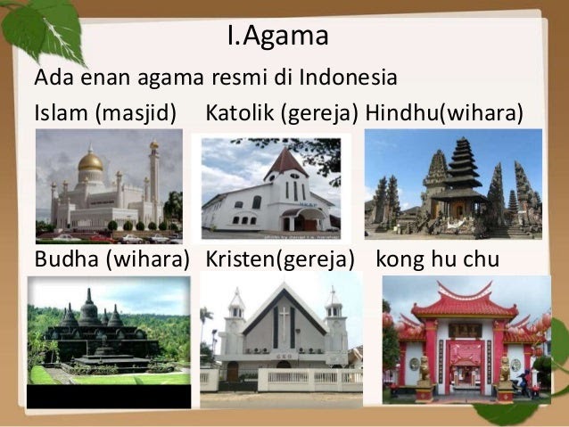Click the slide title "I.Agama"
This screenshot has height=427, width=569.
[x=278, y=36]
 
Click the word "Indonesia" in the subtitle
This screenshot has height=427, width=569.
[x=348, y=77]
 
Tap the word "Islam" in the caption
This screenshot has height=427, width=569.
[x=61, y=112]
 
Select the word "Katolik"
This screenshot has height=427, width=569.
[x=240, y=112]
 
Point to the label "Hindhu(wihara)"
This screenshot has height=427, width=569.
[x=444, y=112]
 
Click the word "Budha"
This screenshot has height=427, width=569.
[x=67, y=259]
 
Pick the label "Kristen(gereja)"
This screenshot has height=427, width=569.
[x=280, y=259]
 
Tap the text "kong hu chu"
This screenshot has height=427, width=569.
[x=438, y=259]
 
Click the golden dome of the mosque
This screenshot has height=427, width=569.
[x=90, y=161]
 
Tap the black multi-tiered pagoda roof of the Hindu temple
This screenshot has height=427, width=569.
[x=464, y=170]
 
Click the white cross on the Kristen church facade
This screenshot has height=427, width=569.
[x=284, y=324]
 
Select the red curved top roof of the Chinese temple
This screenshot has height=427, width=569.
[x=466, y=304]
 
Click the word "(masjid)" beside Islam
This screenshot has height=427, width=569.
[x=136, y=113]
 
